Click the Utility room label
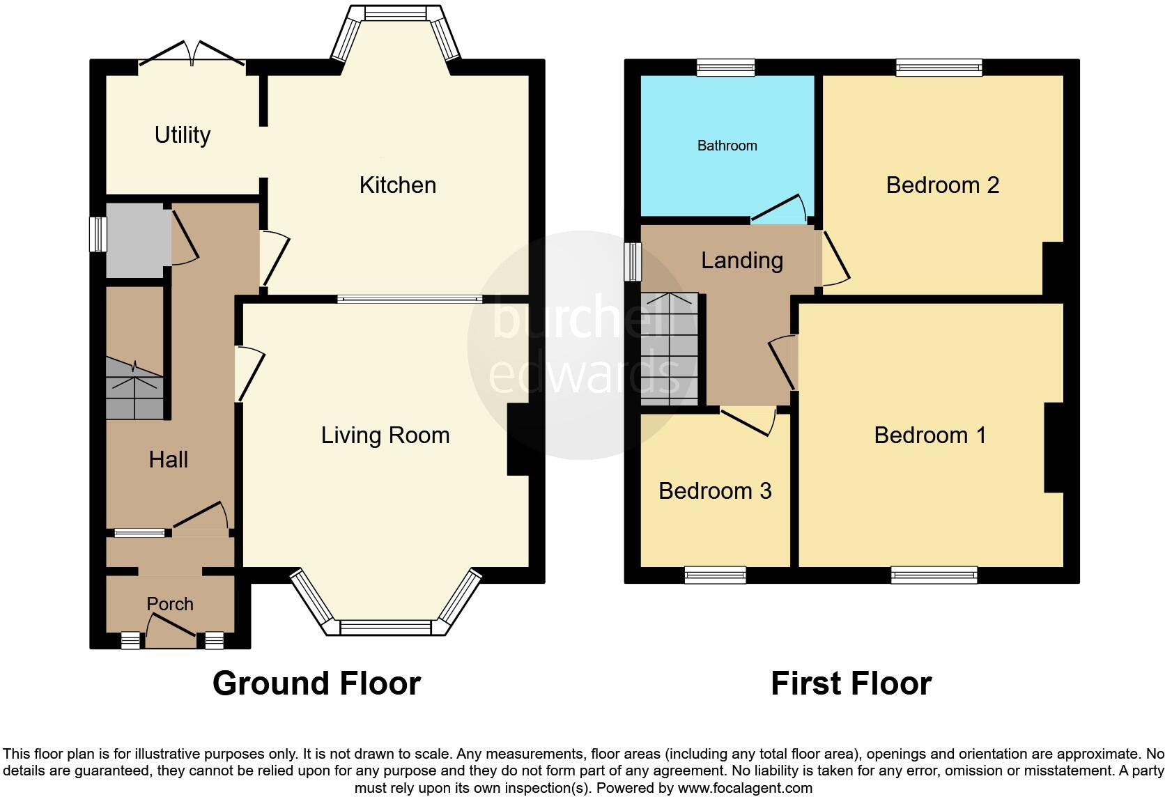[x=182, y=134]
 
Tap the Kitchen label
[x=397, y=185]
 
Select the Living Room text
[x=385, y=435]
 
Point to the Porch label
[x=169, y=604]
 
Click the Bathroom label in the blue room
[x=727, y=146]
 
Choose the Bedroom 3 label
[x=714, y=491]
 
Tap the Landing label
[x=741, y=261]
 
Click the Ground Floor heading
[x=316, y=683]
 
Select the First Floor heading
[x=850, y=683]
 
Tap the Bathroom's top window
[x=725, y=68]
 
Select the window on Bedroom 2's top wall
[x=939, y=68]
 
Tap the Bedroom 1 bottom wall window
[x=933, y=575]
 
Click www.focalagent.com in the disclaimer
[x=745, y=789]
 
